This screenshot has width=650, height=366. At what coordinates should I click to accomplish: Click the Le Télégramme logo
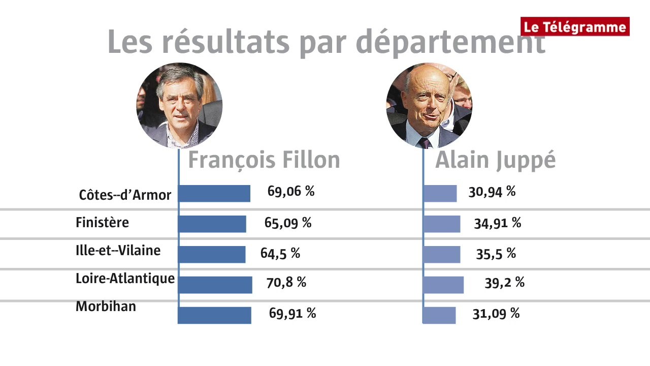tap(575, 26)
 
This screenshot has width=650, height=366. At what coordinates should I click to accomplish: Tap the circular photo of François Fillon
tap(179, 106)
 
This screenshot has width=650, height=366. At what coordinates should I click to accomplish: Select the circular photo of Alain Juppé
tap(429, 106)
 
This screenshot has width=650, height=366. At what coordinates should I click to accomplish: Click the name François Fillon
tap(264, 160)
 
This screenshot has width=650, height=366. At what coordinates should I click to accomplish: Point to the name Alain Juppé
tap(495, 160)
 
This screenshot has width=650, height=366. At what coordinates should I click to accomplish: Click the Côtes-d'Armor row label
tap(125, 195)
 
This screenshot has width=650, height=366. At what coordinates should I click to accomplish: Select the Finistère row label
tap(102, 223)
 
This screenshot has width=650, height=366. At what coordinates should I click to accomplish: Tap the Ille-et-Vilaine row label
tap(118, 251)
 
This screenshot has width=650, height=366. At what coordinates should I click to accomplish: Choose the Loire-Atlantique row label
tap(125, 279)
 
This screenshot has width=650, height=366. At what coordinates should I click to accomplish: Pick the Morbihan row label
tap(106, 307)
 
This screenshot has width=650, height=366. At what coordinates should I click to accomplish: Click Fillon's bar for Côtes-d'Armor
tap(215, 194)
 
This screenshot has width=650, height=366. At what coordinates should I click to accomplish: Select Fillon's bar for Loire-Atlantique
tap(216, 285)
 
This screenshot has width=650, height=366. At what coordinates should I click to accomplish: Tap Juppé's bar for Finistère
tap(442, 224)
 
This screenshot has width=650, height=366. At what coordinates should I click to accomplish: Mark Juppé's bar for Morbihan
tap(440, 315)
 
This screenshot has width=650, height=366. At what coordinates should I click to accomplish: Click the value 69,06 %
tap(291, 192)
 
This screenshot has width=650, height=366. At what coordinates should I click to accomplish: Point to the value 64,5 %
tap(280, 254)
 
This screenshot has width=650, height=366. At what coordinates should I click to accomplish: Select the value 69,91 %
tap(292, 313)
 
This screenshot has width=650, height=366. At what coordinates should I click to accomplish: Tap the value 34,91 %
tap(497, 223)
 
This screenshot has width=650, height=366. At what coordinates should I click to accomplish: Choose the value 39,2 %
tap(504, 283)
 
